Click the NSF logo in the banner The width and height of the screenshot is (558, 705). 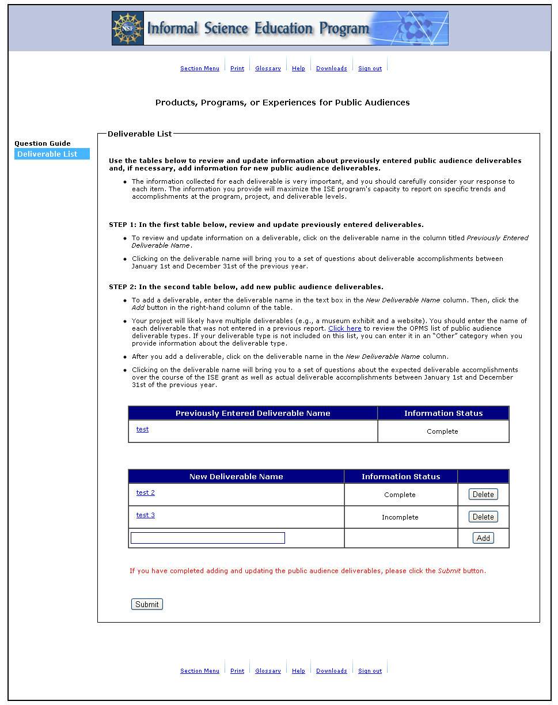128,28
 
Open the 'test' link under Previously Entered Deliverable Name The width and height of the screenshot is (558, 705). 142,429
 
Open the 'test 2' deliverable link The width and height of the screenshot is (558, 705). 145,492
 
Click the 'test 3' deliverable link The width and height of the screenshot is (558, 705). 145,515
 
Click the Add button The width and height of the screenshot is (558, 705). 483,538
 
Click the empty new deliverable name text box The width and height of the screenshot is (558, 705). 207,538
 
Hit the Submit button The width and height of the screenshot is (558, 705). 147,604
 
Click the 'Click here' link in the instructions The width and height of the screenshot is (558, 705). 344,328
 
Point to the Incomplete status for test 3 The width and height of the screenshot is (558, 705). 400,517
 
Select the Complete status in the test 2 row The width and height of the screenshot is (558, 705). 400,495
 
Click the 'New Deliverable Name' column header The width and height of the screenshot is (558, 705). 236,476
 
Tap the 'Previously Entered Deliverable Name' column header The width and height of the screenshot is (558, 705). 253,413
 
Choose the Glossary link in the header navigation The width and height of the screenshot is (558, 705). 268,69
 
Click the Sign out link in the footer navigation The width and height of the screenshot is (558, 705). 370,671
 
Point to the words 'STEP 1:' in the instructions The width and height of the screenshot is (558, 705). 123,225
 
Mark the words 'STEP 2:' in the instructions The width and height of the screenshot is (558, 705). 123,287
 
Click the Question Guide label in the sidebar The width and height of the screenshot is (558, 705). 43,143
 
